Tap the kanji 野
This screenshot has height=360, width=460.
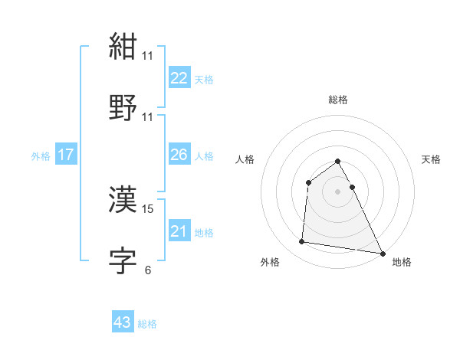click(123, 107)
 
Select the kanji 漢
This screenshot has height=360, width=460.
click(123, 200)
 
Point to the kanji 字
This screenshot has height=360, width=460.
click(123, 260)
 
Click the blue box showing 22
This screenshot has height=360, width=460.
click(179, 77)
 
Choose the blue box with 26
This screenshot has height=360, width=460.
click(179, 155)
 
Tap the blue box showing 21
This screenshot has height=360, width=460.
click(179, 231)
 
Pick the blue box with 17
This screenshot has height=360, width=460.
click(66, 155)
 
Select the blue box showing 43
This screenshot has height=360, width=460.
click(123, 322)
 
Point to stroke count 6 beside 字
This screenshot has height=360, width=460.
click(148, 270)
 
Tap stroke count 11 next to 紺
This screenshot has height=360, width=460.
click(148, 55)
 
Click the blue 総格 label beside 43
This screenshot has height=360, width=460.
click(148, 324)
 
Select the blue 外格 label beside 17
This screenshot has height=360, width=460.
click(41, 155)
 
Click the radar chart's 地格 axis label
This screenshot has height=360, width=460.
click(402, 262)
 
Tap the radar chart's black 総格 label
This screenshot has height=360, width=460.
click(338, 100)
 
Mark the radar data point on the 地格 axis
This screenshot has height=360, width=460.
click(382, 252)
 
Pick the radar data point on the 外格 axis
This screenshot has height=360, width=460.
click(302, 242)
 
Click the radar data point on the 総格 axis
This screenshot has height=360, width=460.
click(338, 162)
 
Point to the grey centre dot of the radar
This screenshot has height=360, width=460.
click(338, 191)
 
